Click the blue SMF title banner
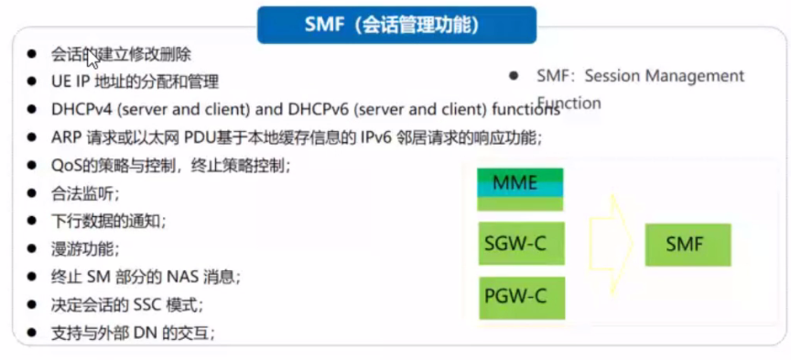[x=396, y=25]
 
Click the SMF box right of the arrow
[x=687, y=245]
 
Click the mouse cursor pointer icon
[x=92, y=62]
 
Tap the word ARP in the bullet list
[x=67, y=138]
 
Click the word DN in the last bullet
[x=145, y=332]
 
